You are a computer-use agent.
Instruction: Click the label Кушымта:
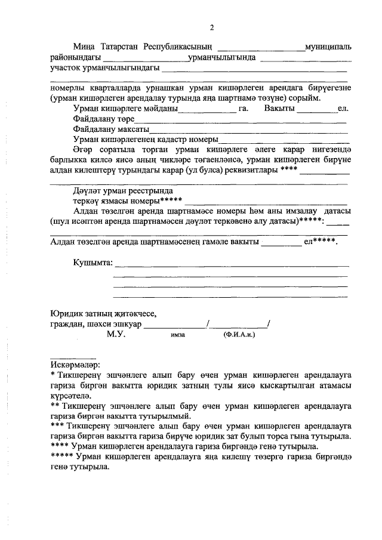pos(92,263)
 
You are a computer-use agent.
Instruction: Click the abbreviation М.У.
pos(115,336)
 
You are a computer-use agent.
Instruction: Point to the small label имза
pos(178,337)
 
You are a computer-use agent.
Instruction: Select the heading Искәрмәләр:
pos(76,365)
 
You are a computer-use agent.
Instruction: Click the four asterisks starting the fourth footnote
pos(60,446)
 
